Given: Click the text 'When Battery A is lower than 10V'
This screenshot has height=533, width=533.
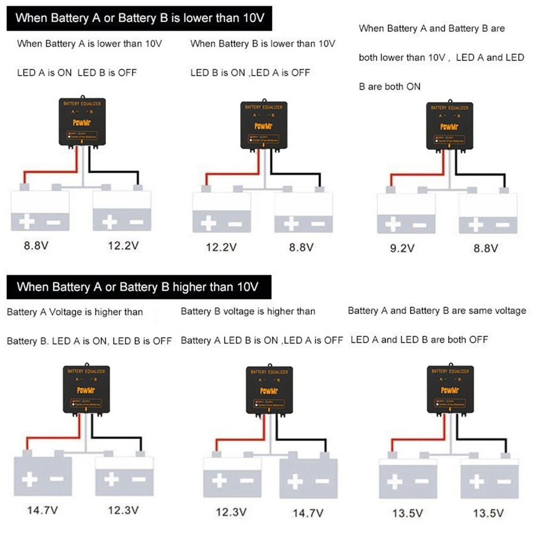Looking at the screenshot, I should (x=89, y=44).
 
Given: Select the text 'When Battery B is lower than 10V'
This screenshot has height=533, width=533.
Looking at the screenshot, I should (x=262, y=44).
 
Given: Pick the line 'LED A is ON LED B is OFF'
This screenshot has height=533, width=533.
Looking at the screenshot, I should (x=77, y=72).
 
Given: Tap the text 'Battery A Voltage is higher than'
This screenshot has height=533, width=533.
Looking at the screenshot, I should (x=75, y=312).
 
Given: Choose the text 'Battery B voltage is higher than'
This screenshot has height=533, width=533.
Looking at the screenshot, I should (x=248, y=311).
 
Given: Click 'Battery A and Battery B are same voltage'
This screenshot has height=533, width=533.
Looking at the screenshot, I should (x=437, y=310).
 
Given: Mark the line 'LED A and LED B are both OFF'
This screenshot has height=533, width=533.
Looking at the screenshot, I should (x=419, y=340).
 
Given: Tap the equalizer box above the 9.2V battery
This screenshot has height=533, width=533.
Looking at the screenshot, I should (x=449, y=126).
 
